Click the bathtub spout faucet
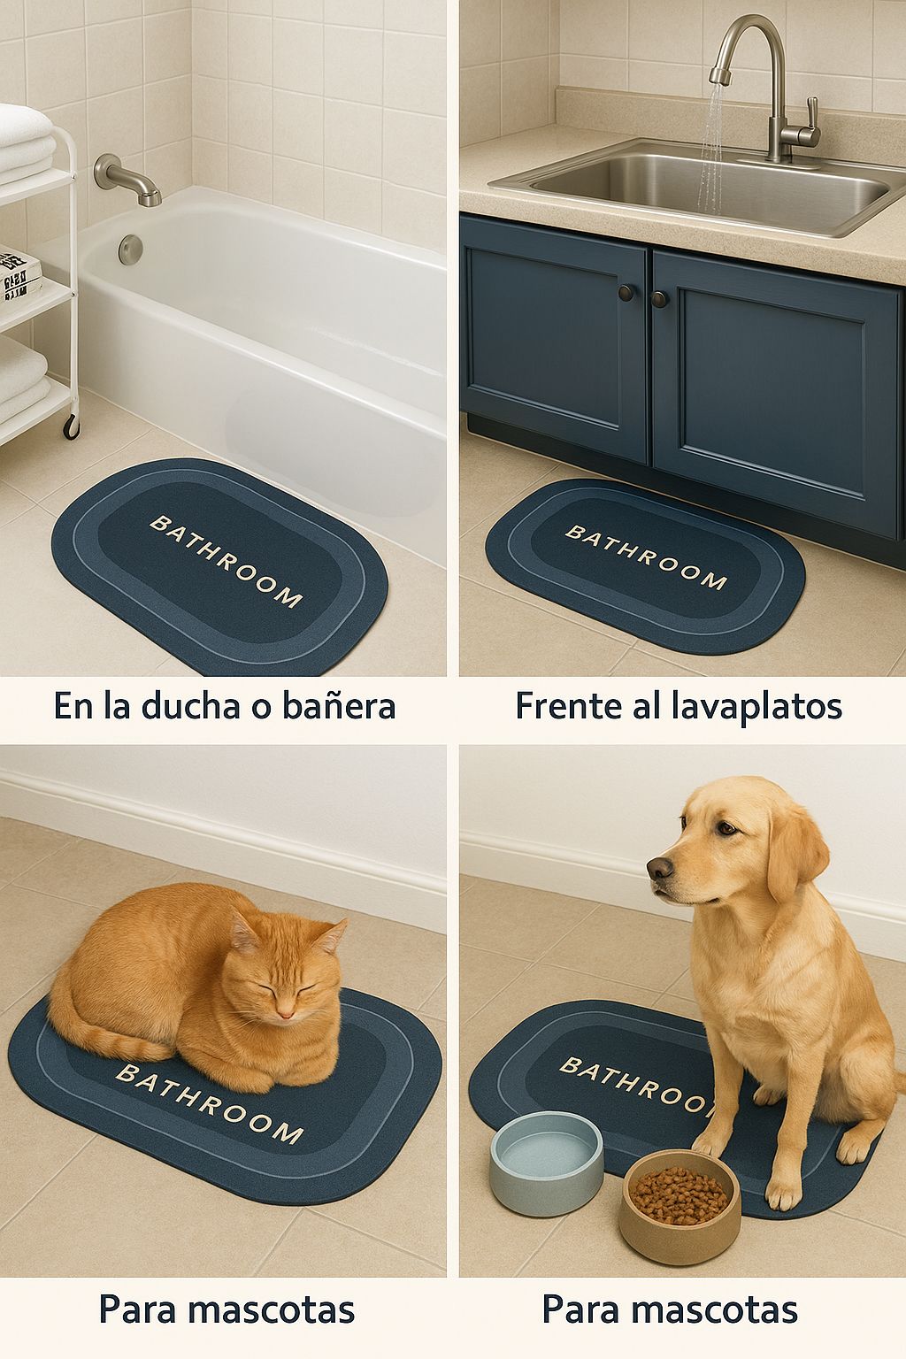127,179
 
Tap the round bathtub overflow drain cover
130,250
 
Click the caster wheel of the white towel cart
72,426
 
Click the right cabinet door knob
659,298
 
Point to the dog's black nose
660,868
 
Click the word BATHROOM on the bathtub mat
226,561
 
